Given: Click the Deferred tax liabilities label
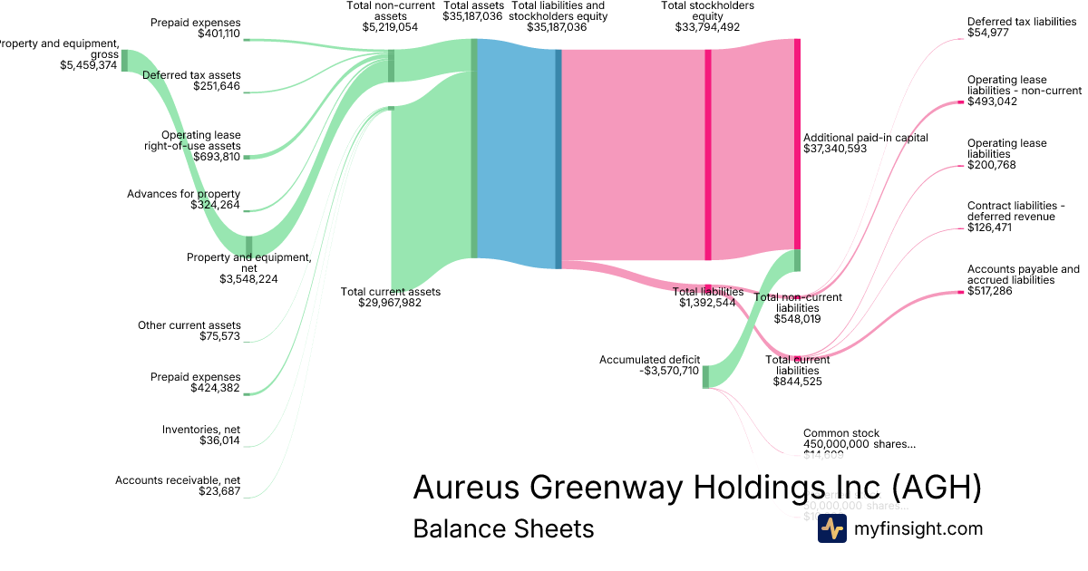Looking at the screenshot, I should coord(1022,21).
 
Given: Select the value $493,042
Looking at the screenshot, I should coord(992,102).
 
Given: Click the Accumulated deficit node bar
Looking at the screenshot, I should coord(705,375).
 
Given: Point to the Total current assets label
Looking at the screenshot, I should coord(390,292).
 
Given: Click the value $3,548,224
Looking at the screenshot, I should coord(248,279).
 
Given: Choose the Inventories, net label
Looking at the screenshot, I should coord(201,430).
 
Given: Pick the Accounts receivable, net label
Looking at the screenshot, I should coord(178,480).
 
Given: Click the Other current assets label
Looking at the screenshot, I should coord(189,325).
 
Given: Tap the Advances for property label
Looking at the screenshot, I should coord(183,194).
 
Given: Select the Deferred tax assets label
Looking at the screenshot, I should coord(191,75).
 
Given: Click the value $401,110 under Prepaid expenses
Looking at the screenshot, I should coord(219,34).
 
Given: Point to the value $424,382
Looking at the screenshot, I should coord(216,388).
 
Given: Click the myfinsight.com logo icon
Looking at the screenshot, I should coord(831,528).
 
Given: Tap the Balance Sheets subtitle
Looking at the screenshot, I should coord(503,528).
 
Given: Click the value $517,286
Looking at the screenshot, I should coord(992,291).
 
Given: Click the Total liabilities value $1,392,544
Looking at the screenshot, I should coord(707,303).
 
